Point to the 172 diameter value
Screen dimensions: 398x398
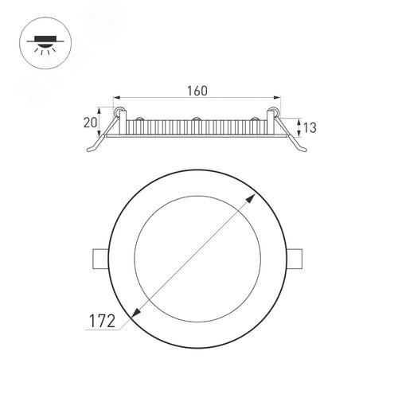coord(102,322)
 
